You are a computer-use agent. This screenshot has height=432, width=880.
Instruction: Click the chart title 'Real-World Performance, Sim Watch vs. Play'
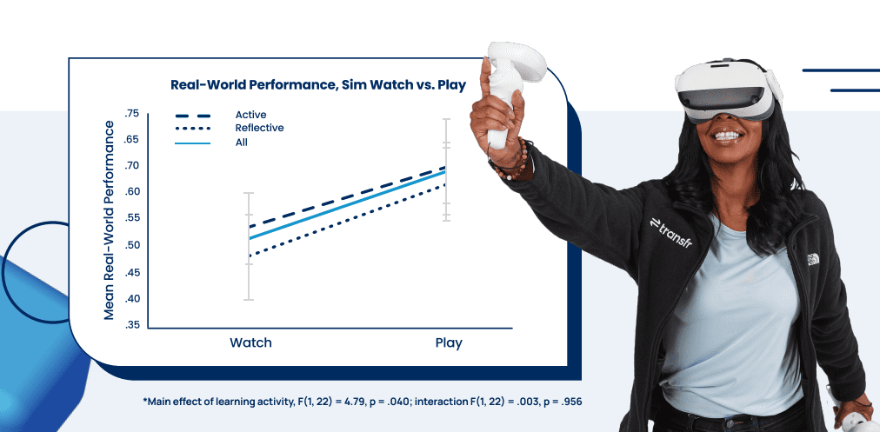pos(318,86)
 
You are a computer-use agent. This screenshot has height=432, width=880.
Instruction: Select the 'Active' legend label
pos(250,115)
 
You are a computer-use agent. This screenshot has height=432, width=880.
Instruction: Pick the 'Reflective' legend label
pos(259,128)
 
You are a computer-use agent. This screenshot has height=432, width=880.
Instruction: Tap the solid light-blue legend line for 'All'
pos(192,143)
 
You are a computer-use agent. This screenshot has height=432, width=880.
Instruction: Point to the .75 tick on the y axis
pos(130,113)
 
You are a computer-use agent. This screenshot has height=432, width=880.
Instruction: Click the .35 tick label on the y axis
pos(130,325)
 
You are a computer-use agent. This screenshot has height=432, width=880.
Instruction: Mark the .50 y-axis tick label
pos(130,245)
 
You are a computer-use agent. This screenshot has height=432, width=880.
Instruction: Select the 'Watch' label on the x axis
pos(250,342)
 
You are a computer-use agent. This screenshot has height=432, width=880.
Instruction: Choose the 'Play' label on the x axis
pos(449,342)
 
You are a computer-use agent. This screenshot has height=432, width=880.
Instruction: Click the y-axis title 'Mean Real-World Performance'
pos(109,220)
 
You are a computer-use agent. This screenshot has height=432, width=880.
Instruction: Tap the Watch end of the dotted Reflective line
pos(250,256)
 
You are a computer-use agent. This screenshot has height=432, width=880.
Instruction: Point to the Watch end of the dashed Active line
pos(250,227)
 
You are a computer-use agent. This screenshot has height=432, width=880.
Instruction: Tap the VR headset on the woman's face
pos(727,89)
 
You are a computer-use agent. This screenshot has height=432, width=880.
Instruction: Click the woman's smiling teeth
pos(728,136)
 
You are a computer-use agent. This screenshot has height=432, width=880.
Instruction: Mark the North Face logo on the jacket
pos(814,259)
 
